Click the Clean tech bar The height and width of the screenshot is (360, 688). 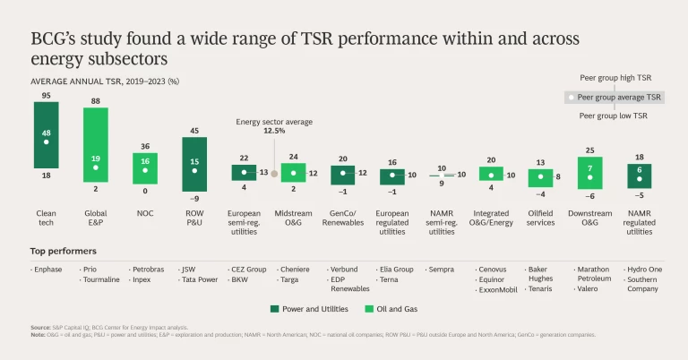(46, 141)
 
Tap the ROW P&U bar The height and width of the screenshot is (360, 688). (193, 164)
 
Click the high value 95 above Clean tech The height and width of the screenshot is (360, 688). (46, 95)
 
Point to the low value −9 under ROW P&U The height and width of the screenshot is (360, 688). (193, 199)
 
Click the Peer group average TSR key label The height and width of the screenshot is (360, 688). (619, 97)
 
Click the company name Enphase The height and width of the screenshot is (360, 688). (47, 268)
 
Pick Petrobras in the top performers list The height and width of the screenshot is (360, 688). (147, 268)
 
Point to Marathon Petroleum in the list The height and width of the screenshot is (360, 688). (595, 273)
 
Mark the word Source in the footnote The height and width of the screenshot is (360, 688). (41, 329)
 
